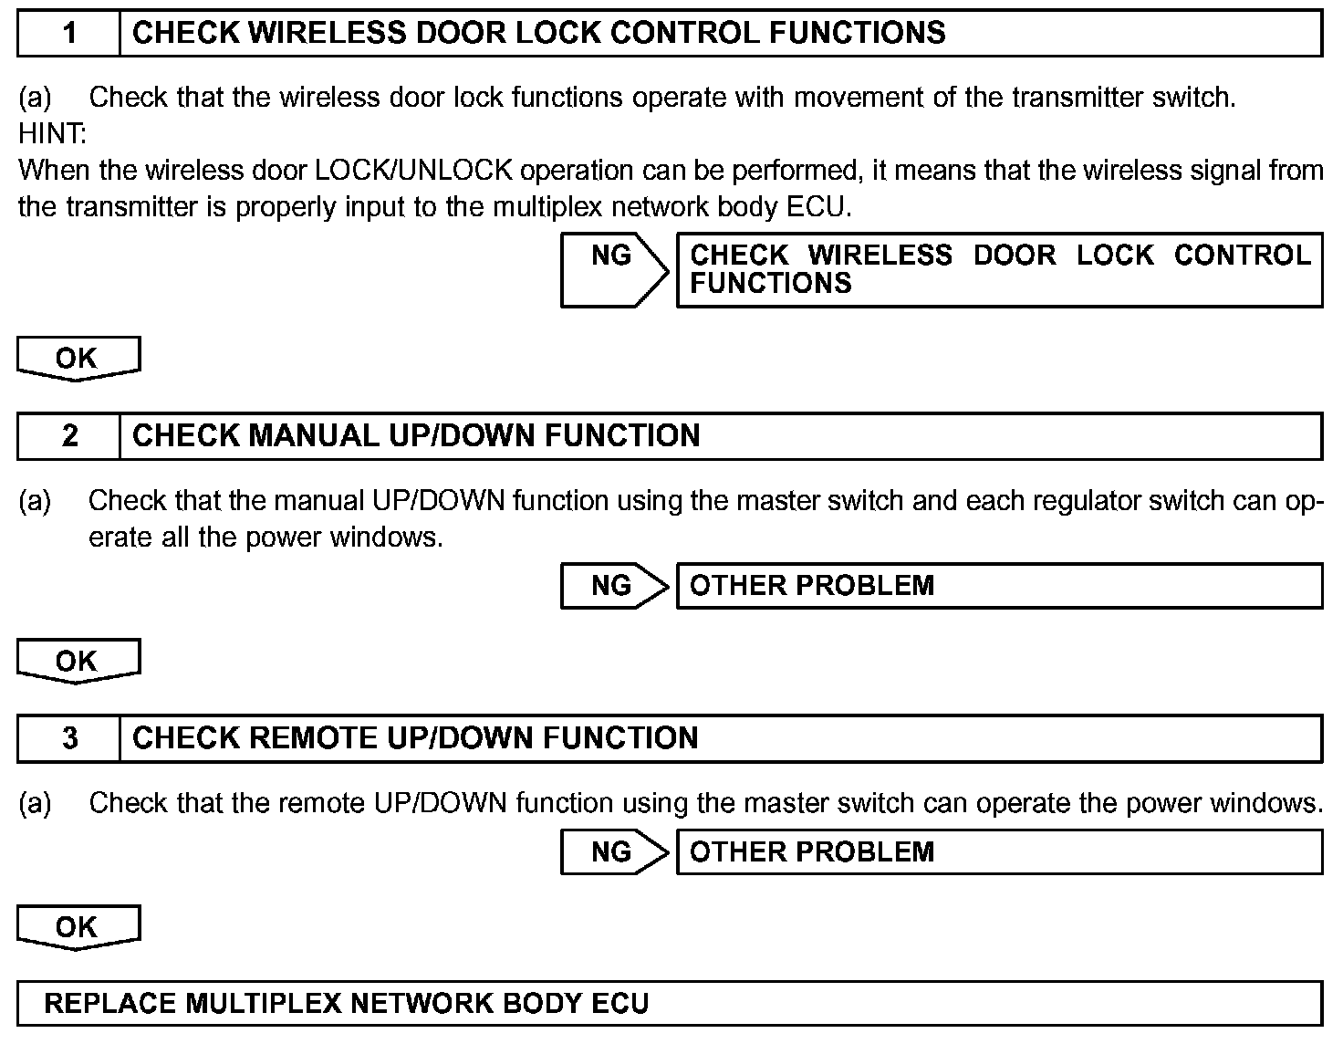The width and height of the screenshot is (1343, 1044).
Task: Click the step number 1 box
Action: [x=68, y=34]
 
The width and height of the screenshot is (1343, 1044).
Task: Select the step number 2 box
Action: [x=68, y=436]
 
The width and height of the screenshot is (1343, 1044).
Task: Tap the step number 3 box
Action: [x=68, y=738]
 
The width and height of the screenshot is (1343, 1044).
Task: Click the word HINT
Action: [x=51, y=134]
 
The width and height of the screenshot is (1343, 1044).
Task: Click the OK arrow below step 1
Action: [x=78, y=358]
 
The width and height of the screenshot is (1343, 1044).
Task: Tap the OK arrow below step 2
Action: [x=78, y=661]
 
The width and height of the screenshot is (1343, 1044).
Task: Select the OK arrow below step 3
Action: [x=78, y=927]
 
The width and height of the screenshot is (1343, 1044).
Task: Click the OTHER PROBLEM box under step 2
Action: [x=999, y=585]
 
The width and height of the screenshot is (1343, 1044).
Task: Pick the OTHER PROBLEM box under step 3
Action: [x=999, y=851]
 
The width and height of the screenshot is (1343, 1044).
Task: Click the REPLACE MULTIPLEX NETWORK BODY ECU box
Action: [x=669, y=1004]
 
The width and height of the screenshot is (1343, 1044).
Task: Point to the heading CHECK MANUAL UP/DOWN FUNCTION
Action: [x=416, y=436]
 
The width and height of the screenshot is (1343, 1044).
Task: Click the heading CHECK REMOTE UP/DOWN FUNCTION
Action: [x=415, y=738]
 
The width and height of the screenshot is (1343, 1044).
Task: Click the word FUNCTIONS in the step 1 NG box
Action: [x=770, y=284]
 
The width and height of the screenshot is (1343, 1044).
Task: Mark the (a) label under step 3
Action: [x=35, y=804]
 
